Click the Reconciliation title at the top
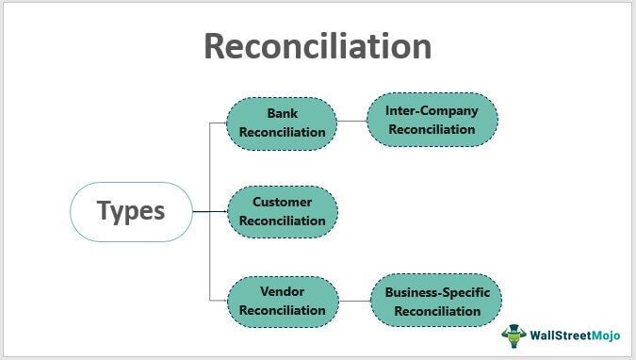click(x=318, y=46)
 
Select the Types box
click(x=131, y=211)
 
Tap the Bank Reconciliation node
click(x=282, y=123)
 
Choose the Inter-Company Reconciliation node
click(x=432, y=120)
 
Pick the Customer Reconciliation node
click(x=282, y=211)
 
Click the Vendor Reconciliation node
click(x=282, y=302)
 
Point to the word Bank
click(x=282, y=114)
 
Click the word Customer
click(x=282, y=202)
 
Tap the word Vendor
click(x=282, y=292)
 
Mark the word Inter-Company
click(x=432, y=110)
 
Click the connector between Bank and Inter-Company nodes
click(x=351, y=122)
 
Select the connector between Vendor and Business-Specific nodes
click(x=353, y=302)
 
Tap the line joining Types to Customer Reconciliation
click(x=209, y=211)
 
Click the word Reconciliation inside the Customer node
click(x=282, y=221)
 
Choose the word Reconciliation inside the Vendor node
click(x=282, y=311)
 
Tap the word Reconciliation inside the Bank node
click(x=282, y=132)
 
